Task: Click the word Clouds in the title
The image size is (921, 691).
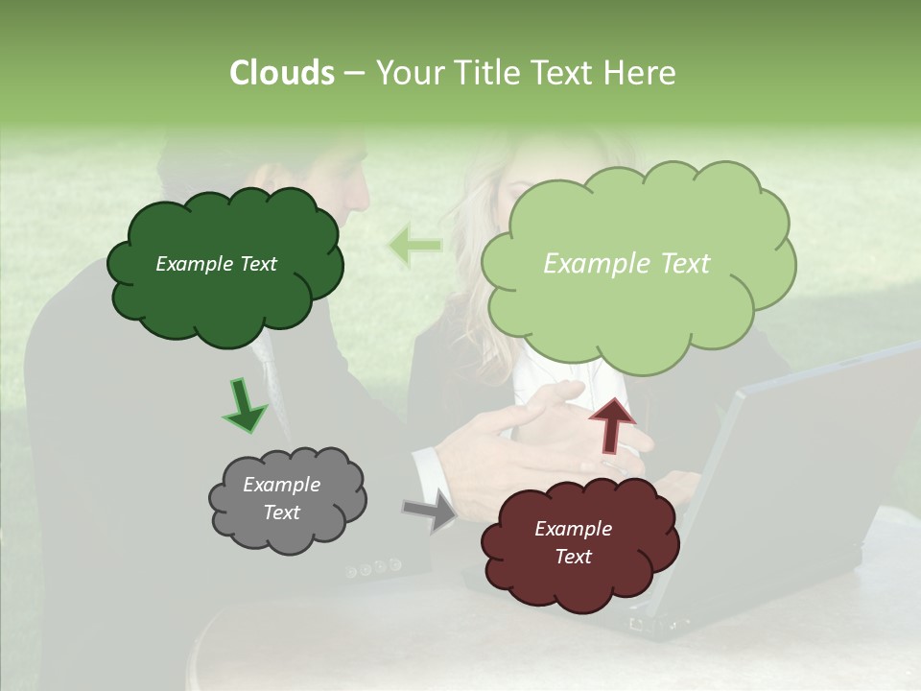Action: tap(281, 73)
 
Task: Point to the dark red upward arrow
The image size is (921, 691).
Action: tap(611, 424)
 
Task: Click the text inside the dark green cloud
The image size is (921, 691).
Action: tap(216, 264)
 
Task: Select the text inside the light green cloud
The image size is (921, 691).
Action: tap(626, 264)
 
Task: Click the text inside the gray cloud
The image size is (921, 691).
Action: tap(281, 498)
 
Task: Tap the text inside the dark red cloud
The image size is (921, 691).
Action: tap(573, 542)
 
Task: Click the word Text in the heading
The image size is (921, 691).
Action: tap(563, 73)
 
